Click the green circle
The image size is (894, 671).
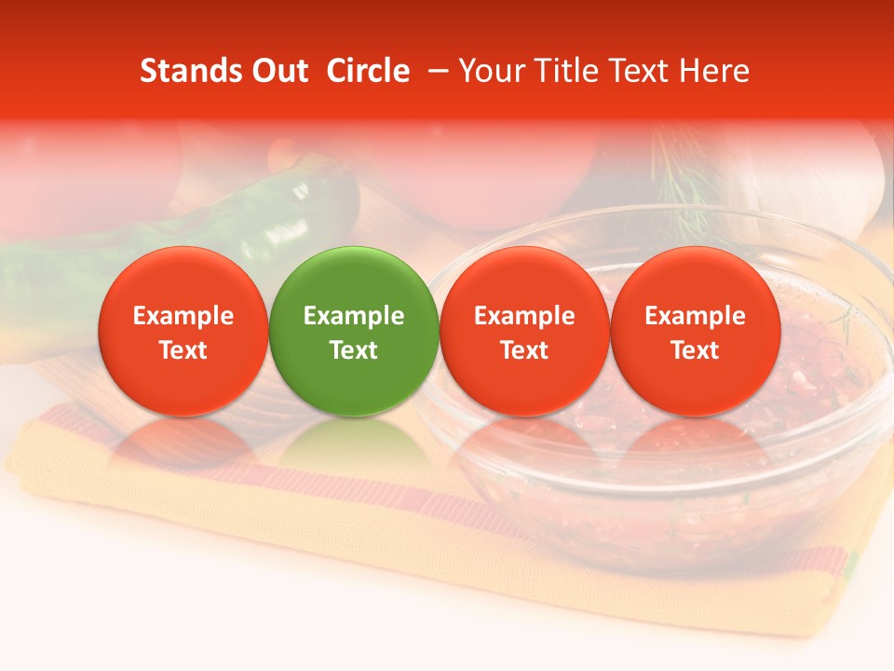coord(354,332)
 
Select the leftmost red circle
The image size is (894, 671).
coord(183,332)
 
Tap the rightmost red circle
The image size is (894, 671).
coord(695,332)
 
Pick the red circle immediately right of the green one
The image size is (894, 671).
coord(524,332)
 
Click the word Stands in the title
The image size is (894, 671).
coord(186,71)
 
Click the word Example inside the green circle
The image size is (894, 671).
coord(354,316)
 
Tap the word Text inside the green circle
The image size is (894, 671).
coord(354,350)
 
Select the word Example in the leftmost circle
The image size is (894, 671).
coord(183,316)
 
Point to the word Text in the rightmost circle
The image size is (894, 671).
coord(695,350)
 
